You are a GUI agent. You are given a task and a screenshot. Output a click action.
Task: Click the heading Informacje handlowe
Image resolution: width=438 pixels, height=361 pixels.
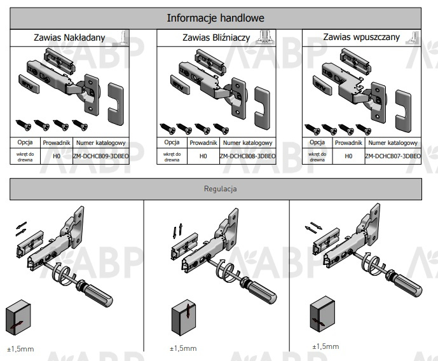point(215,18)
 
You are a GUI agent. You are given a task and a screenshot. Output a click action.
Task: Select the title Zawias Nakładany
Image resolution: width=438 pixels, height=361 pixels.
point(69,37)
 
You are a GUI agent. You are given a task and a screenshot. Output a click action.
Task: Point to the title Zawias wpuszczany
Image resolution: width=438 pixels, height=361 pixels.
point(361,37)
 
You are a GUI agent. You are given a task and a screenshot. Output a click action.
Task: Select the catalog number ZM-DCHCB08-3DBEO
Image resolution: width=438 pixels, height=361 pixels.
point(248,156)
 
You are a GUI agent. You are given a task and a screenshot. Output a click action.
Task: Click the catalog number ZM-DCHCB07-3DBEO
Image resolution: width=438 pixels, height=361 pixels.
point(393,156)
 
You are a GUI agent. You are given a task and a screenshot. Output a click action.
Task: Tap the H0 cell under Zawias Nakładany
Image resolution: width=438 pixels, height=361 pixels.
point(57,156)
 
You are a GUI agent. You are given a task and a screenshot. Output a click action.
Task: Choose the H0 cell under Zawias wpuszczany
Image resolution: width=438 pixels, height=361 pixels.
point(348,156)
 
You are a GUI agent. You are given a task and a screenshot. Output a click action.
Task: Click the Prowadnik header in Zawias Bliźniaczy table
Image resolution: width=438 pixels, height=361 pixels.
point(203,143)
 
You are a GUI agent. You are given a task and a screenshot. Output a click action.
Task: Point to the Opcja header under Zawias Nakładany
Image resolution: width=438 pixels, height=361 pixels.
point(26,143)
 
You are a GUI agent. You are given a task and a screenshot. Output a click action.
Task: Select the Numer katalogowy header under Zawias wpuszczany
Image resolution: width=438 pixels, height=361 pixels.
point(393,143)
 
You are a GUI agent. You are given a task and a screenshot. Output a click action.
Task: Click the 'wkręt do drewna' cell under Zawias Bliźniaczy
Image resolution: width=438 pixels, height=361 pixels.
point(172,156)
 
